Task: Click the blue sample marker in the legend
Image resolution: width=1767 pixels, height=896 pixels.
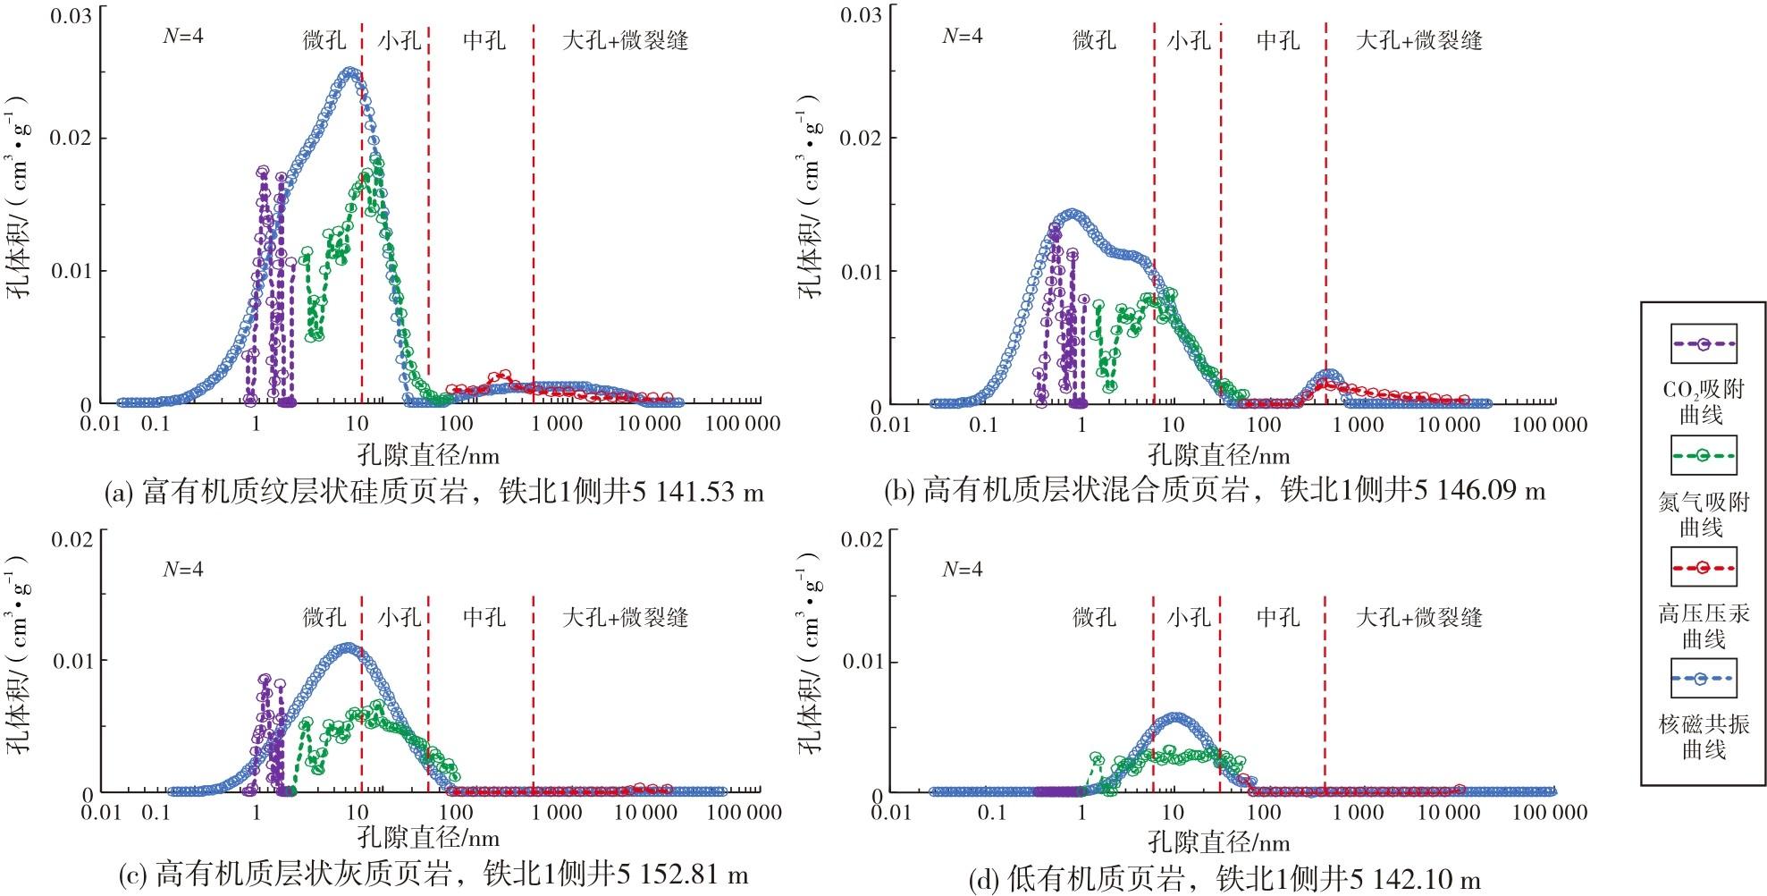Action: click(x=1703, y=680)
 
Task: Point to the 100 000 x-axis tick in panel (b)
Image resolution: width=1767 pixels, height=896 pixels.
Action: click(x=1550, y=423)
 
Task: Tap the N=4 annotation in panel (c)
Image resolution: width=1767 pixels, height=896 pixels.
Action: click(x=183, y=570)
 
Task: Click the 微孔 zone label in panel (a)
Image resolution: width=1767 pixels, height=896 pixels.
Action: click(x=324, y=41)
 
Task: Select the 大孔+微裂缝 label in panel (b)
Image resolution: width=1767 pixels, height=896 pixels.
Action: click(x=1418, y=41)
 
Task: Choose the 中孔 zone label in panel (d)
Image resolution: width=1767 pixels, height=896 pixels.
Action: click(x=1278, y=617)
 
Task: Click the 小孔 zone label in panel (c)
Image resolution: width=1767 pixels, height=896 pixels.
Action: click(x=399, y=617)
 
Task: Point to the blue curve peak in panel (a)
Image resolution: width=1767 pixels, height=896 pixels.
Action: click(x=350, y=72)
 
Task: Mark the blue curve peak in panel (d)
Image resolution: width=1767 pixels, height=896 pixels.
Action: click(x=1175, y=717)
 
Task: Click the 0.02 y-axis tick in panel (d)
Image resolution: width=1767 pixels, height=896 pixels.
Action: click(x=860, y=540)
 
